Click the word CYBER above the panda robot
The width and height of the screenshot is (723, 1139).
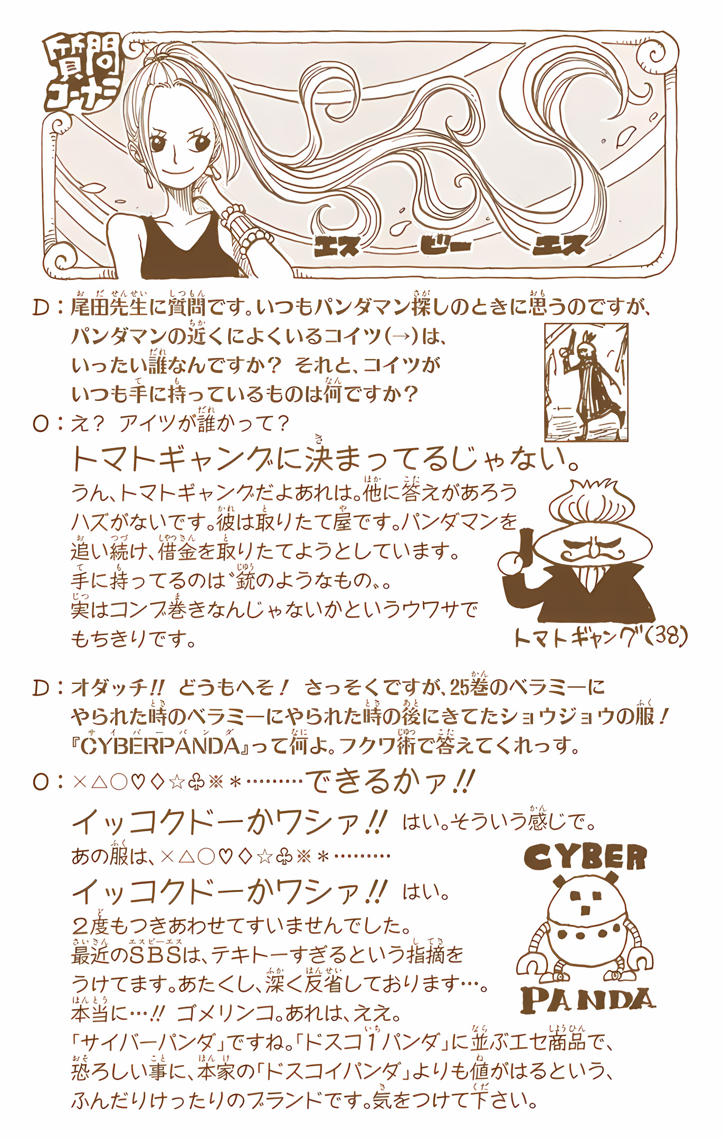tap(585, 856)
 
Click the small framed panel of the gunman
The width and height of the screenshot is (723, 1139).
tap(586, 382)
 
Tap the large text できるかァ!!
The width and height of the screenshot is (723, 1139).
tap(390, 781)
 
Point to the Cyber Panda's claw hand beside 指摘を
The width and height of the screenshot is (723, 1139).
tap(530, 963)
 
